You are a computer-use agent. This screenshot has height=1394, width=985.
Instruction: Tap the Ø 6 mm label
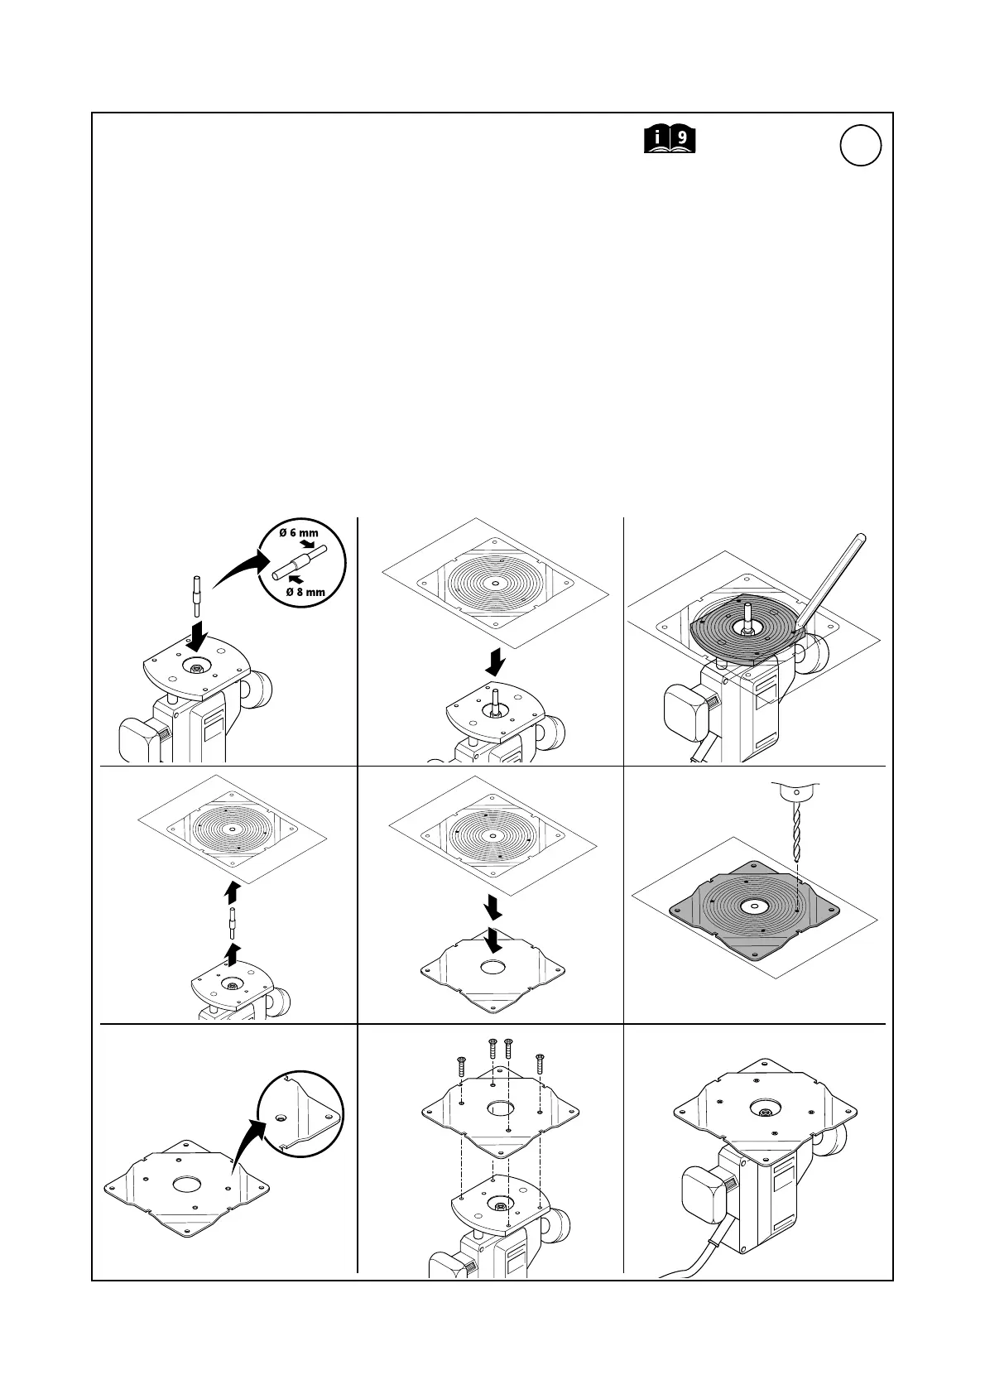[298, 533]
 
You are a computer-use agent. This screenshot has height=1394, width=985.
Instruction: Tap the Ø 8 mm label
[305, 593]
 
